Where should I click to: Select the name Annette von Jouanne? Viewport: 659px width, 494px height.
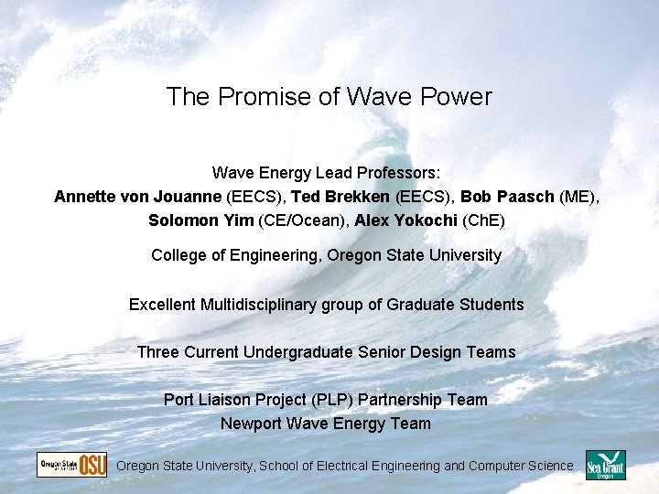(138, 197)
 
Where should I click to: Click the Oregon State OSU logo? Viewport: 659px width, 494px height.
(71, 465)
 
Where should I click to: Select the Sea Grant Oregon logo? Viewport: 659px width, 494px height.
(605, 465)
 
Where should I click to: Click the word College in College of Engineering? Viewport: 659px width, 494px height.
(180, 255)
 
